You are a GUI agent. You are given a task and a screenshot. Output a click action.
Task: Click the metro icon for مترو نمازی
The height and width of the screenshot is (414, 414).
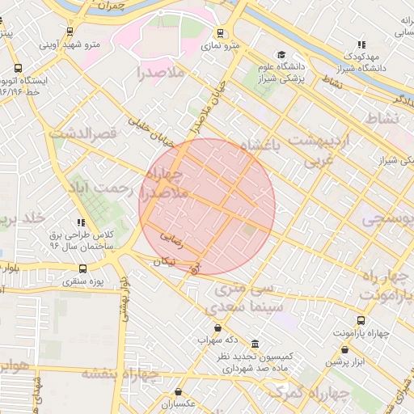(221, 33)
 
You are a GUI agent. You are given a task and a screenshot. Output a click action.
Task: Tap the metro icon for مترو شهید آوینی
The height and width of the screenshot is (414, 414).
(70, 32)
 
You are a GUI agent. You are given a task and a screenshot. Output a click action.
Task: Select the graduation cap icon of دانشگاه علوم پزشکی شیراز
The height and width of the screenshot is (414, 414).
(280, 54)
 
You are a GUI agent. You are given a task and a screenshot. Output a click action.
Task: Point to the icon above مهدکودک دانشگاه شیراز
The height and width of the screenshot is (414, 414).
(361, 44)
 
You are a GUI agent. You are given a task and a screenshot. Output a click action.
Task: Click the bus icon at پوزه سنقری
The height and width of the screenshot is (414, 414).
(82, 268)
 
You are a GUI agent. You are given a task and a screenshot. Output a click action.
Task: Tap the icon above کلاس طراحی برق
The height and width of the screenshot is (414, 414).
(81, 222)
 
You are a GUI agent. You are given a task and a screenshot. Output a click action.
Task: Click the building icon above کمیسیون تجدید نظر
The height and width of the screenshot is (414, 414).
(256, 344)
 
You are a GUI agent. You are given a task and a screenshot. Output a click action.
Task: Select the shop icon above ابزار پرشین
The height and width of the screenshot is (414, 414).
(346, 350)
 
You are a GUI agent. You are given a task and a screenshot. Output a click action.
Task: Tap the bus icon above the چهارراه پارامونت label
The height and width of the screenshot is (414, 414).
(361, 321)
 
